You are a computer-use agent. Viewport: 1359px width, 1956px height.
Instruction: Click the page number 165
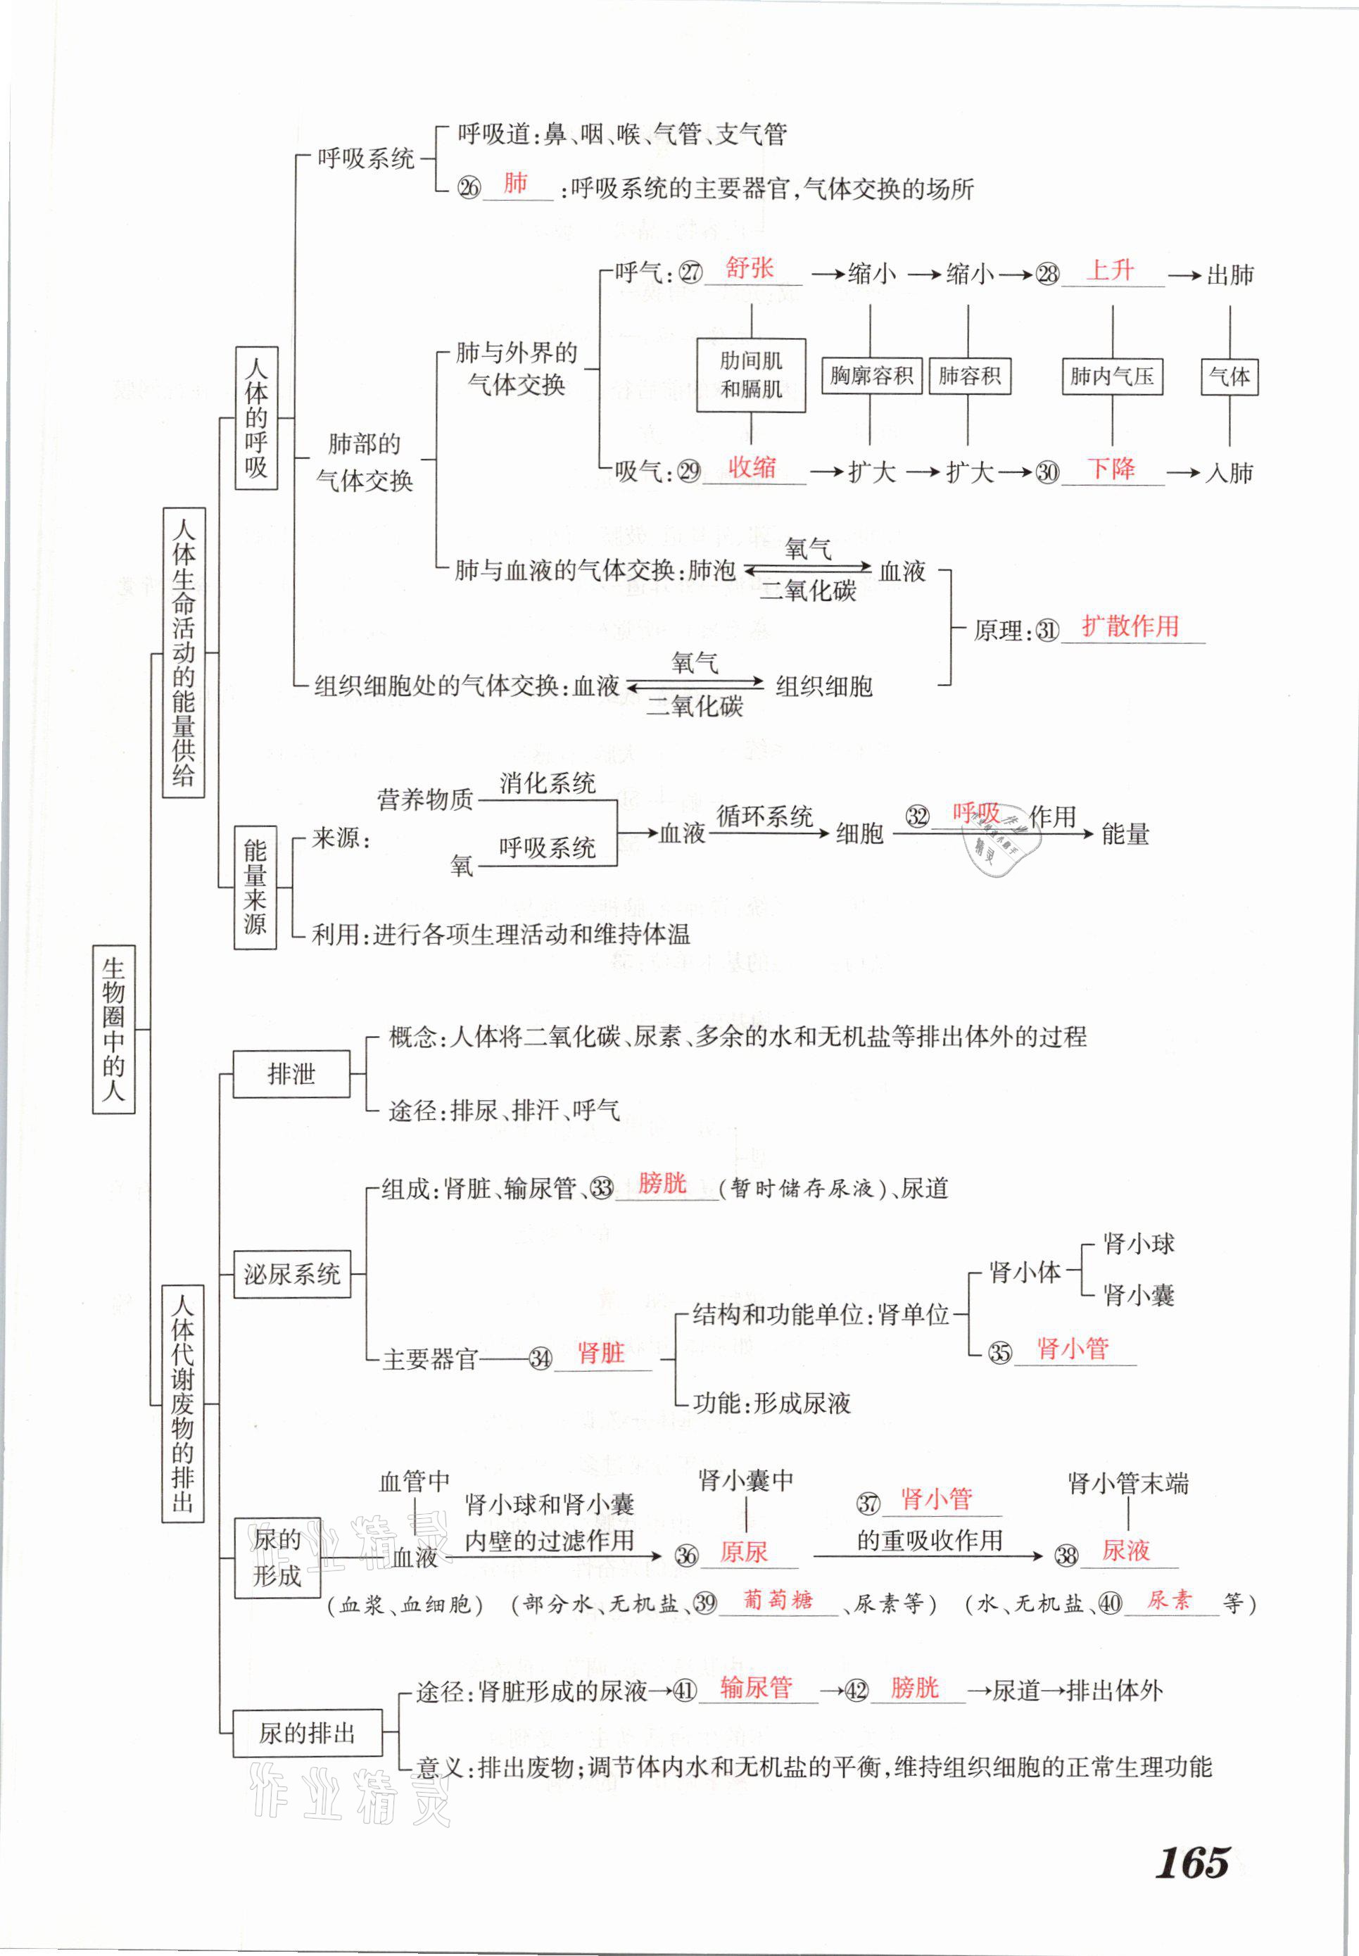(1192, 1862)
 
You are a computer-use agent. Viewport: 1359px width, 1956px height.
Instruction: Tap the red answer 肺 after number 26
(516, 183)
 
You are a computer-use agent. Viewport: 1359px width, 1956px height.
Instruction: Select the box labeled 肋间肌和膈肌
(750, 374)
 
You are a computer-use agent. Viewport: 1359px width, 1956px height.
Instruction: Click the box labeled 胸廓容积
(871, 376)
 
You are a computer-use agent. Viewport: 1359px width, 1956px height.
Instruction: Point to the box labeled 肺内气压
(1111, 376)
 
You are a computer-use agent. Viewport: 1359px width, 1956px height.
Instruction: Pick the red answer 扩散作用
(1130, 626)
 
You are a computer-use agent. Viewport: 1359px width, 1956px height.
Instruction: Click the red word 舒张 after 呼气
(750, 268)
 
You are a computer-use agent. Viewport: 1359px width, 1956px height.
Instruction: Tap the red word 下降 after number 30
(1111, 467)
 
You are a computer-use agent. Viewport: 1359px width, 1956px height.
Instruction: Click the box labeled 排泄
(291, 1074)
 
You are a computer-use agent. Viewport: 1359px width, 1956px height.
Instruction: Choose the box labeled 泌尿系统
(291, 1274)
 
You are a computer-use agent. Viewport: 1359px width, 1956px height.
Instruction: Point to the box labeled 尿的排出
(307, 1733)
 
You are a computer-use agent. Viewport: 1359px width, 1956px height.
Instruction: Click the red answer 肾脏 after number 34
(600, 1352)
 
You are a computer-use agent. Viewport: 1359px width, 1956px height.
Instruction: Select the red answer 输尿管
(755, 1687)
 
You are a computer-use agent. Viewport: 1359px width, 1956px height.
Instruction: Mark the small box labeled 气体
(1229, 376)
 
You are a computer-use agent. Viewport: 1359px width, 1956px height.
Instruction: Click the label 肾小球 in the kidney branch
(1139, 1244)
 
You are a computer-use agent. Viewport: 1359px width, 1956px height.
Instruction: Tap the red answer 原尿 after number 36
(743, 1553)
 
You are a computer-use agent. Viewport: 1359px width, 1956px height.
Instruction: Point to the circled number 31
(1047, 631)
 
